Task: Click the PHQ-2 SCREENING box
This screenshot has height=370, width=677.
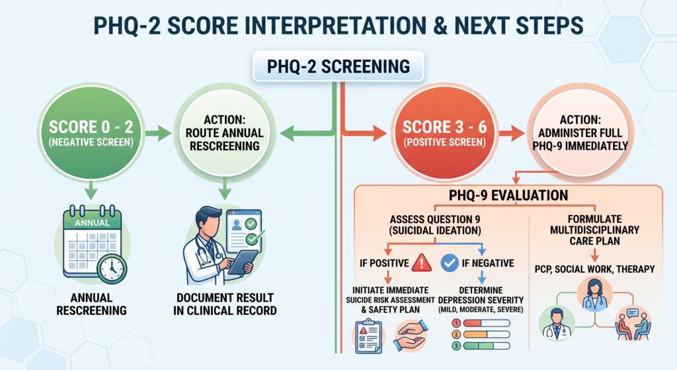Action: click(338, 66)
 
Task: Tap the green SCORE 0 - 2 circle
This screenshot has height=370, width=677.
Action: click(91, 132)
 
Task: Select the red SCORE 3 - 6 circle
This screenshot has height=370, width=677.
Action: click(444, 132)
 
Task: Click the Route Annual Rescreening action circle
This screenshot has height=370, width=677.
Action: click(225, 132)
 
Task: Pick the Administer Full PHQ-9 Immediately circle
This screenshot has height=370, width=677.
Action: click(580, 132)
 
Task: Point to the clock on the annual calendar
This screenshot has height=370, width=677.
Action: click(112, 269)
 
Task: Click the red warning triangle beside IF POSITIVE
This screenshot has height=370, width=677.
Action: click(421, 263)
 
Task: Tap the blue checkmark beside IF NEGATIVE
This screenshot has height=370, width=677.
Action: click(450, 263)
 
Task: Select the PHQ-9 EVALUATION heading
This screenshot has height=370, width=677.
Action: click(508, 195)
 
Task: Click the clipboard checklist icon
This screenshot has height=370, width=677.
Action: click(368, 336)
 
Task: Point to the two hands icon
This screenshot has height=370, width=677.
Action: click(410, 335)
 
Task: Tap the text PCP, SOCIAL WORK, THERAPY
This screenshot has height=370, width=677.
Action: click(594, 269)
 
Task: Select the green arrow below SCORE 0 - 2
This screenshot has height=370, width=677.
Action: click(90, 190)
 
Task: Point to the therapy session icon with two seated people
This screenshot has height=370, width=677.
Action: click(633, 324)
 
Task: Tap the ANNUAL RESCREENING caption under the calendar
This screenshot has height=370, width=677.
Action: click(91, 304)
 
